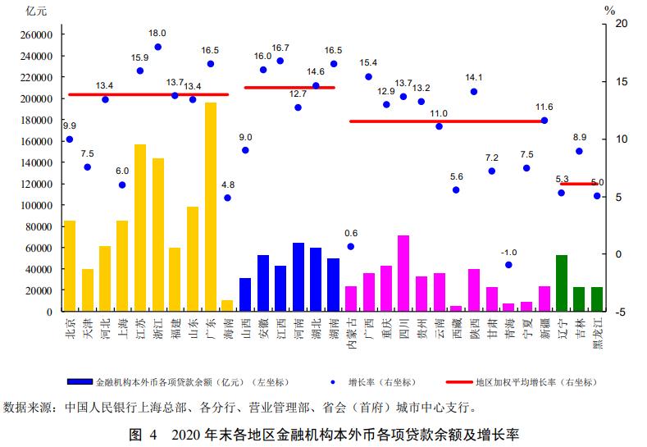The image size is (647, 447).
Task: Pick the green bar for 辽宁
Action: pos(562,283)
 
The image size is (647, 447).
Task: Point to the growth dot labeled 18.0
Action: pos(157,47)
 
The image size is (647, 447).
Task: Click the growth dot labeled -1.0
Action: pos(508,264)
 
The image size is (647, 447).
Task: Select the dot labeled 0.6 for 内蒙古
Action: pos(351,246)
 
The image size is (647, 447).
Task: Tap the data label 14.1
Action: pos(474,78)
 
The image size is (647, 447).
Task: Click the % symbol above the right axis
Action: pos(609,10)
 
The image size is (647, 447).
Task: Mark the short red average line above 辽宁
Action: pos(579,184)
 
